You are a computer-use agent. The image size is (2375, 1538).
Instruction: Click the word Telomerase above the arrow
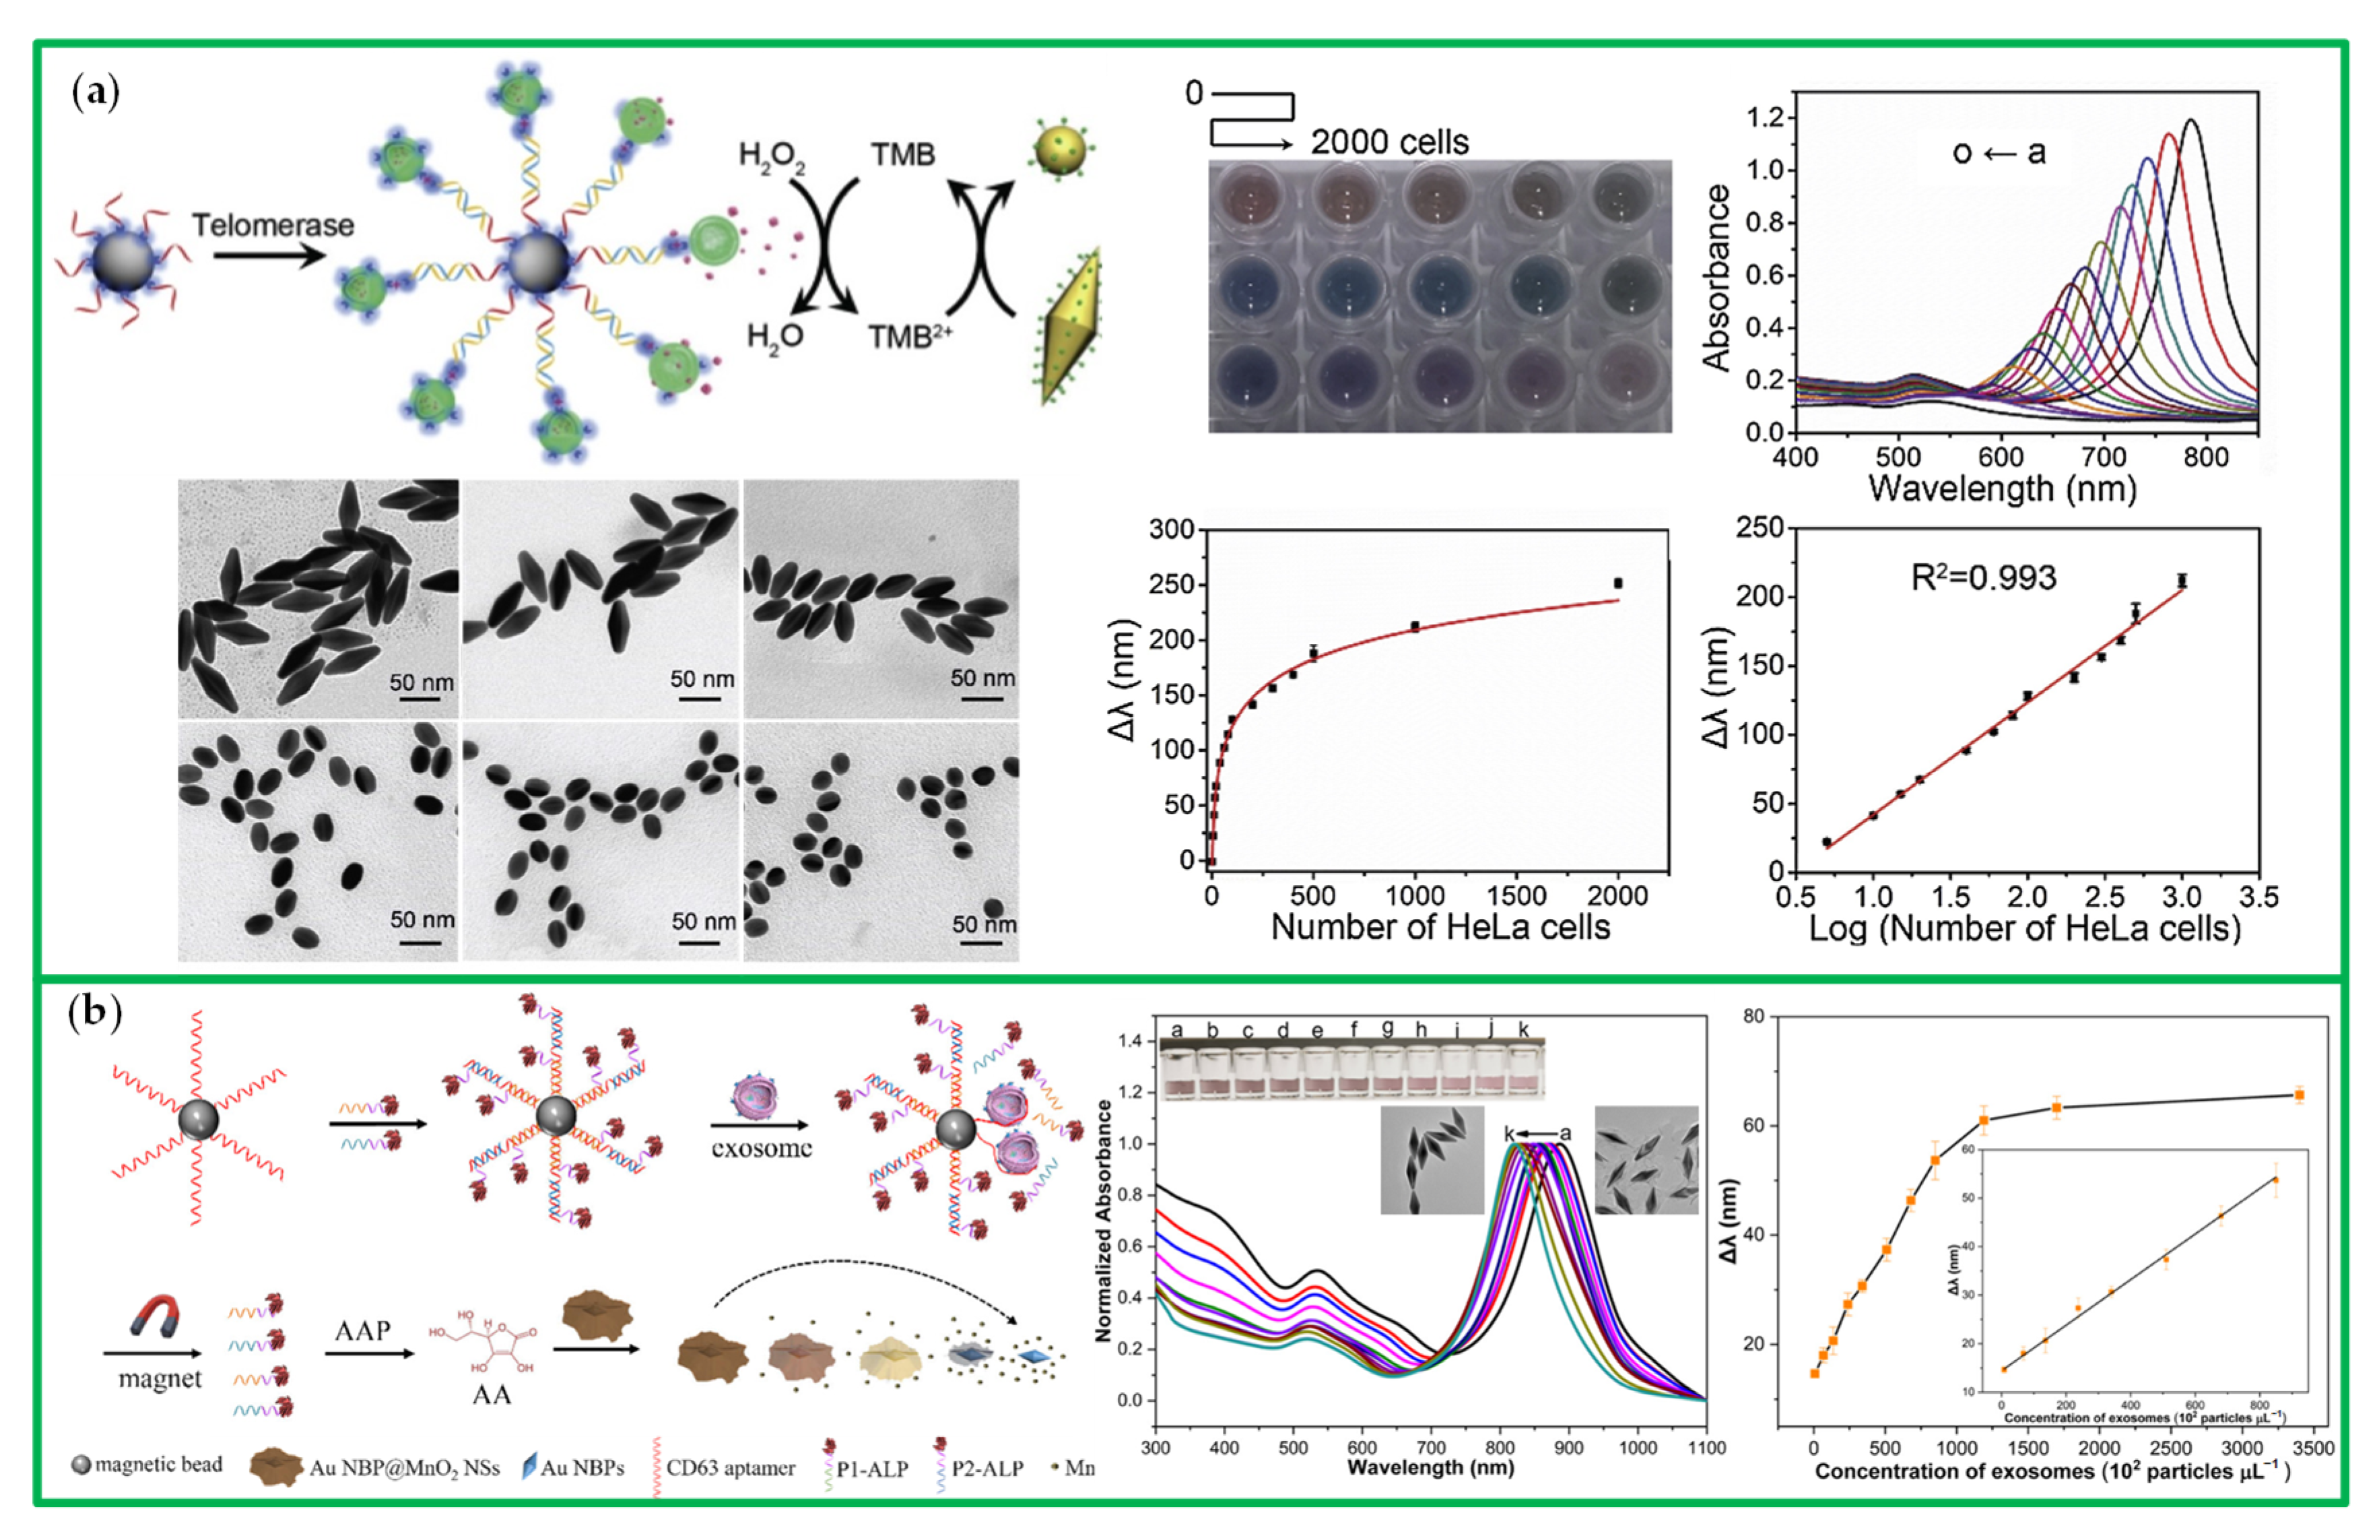pos(273,226)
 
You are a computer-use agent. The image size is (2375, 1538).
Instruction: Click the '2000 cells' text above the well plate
pos(1389,141)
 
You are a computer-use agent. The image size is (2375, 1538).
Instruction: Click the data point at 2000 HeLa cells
pos(1617,583)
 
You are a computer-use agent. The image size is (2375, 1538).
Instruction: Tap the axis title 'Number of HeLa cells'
pos(1440,927)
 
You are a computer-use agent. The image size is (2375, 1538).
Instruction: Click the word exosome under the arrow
pos(762,1148)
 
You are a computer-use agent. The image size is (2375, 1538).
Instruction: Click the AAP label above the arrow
pos(362,1331)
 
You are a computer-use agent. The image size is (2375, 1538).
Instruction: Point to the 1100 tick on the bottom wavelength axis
pos(1706,1447)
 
